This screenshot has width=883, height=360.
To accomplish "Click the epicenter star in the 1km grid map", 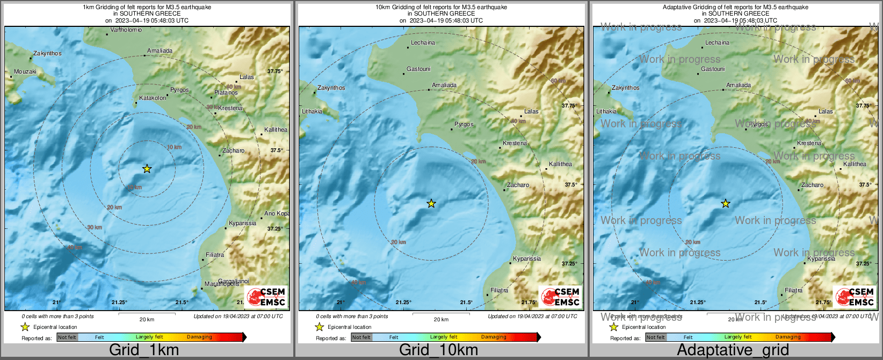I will click(147, 169).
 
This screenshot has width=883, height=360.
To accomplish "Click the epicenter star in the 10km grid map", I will click(431, 204).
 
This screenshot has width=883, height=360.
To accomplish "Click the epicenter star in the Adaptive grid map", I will click(725, 204).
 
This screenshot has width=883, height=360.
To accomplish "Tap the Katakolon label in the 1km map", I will click(153, 98).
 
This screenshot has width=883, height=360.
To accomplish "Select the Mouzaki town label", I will click(25, 71).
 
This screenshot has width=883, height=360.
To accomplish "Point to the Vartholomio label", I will click(126, 30).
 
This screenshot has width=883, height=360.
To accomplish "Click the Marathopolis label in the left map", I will click(221, 284).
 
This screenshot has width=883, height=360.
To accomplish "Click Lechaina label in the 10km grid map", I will click(423, 42).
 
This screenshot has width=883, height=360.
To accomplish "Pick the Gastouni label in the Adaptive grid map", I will click(713, 69).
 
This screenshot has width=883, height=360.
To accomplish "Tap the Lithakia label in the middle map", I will click(312, 111).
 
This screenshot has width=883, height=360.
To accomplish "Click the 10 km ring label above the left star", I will click(174, 147).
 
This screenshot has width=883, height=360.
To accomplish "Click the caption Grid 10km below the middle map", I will click(438, 350).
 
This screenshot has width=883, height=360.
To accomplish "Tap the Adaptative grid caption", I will click(733, 350).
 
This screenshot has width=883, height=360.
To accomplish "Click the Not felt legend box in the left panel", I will click(67, 337).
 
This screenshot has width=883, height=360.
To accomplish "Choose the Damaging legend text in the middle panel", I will click(493, 337).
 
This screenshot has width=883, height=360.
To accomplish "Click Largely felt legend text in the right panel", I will click(737, 337).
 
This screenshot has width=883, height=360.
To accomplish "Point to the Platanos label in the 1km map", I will click(226, 93).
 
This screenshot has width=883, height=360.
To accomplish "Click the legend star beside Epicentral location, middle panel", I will click(319, 327).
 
